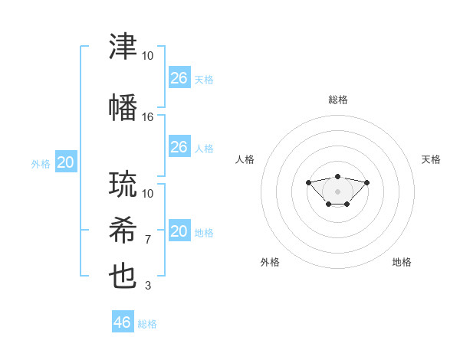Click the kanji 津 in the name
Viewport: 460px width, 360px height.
[123, 46]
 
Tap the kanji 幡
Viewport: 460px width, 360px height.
[123, 107]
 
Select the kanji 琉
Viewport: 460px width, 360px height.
[123, 184]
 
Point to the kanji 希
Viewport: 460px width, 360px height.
[123, 230]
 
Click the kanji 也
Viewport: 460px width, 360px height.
[123, 277]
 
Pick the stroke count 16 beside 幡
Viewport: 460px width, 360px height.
[147, 117]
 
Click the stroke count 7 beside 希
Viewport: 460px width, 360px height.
[148, 240]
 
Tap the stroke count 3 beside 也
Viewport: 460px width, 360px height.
[148, 286]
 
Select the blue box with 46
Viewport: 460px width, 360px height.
[123, 321]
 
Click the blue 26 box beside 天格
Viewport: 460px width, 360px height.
[179, 77]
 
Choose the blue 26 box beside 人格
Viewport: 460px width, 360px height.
[179, 146]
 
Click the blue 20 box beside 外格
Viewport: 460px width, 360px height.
[66, 162]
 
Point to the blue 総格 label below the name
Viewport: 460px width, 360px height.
[147, 324]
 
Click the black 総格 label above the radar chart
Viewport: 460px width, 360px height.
[338, 100]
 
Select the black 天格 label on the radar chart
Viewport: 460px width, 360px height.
[431, 159]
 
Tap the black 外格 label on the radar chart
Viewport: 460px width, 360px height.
[270, 262]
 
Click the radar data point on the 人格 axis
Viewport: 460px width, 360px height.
[308, 182]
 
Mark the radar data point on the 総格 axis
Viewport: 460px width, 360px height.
[337, 176]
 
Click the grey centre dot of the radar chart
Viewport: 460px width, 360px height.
[337, 191]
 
